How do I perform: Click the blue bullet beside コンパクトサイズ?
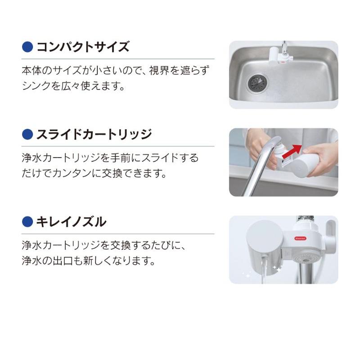pos(28,47)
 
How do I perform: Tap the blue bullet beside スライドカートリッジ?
pos(28,134)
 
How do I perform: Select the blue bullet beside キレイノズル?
pos(28,221)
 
